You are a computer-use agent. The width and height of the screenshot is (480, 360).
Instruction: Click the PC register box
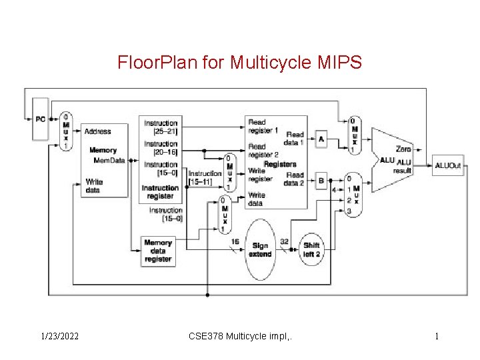41,120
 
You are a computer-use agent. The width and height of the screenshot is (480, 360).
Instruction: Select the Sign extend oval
260,250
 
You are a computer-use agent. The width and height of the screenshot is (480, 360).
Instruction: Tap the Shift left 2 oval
311,249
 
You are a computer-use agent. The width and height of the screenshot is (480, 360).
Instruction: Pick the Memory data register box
158,251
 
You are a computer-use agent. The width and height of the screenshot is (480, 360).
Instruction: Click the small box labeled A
321,139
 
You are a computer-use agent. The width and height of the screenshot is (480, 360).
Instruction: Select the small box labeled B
321,180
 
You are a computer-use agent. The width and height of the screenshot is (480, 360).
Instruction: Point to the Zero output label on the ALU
403,149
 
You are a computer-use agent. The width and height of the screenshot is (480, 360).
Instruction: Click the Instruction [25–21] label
161,127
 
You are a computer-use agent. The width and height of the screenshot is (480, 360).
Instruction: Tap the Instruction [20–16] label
161,147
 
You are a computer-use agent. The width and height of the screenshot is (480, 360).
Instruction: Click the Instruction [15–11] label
205,177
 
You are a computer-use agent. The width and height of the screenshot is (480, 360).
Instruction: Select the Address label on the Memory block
98,131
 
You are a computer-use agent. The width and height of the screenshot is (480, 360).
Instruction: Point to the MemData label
109,160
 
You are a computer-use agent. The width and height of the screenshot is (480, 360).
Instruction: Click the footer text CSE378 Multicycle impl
241,336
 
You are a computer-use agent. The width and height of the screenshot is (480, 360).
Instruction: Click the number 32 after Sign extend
285,241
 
